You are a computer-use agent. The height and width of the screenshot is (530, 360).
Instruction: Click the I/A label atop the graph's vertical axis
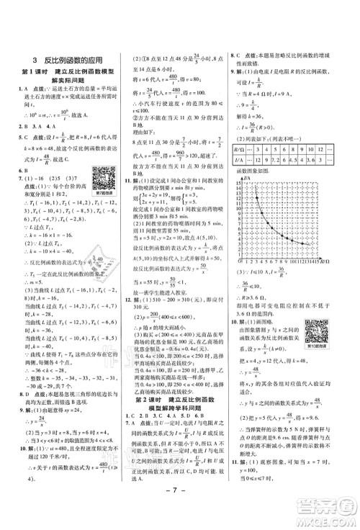tap(247, 176)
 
